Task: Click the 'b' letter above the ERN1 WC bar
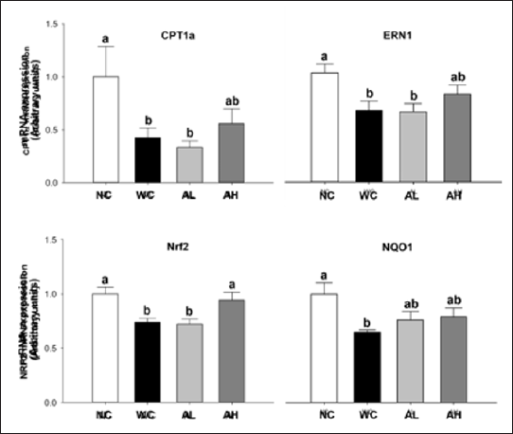coord(367,93)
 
